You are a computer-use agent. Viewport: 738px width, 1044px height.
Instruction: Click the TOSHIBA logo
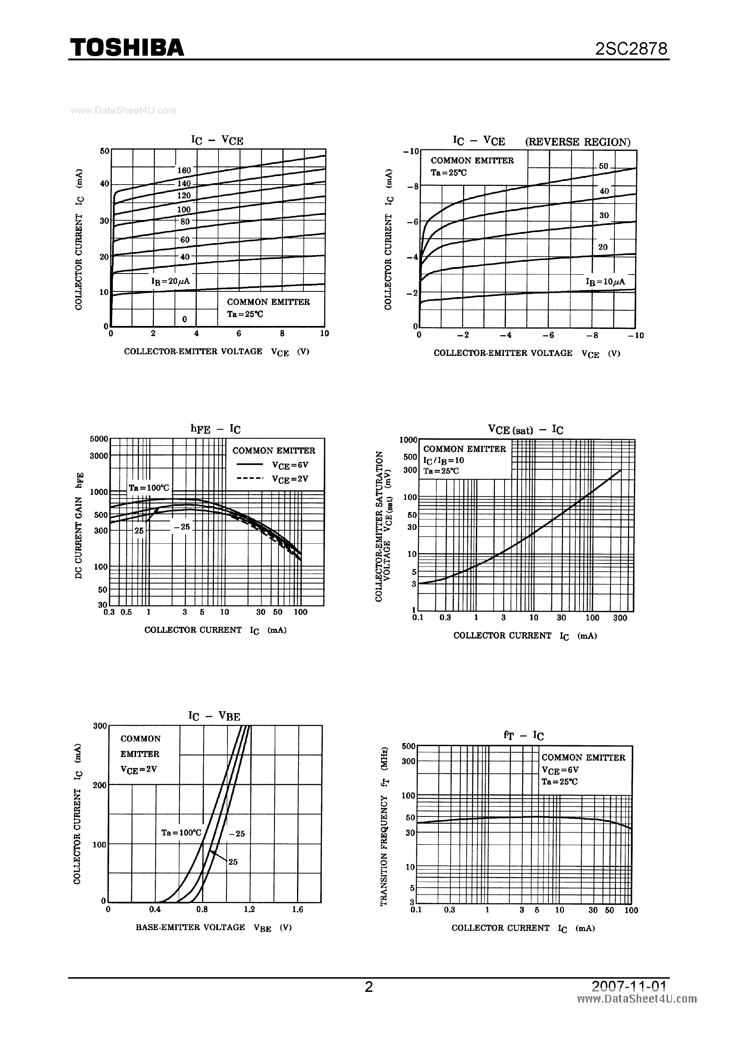click(127, 48)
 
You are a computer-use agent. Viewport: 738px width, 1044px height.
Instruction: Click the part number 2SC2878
click(631, 49)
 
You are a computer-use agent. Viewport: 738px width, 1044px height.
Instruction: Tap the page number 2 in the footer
click(369, 986)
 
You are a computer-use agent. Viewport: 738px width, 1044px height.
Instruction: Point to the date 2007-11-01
click(629, 985)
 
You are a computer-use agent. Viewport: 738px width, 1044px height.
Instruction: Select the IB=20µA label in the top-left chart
click(171, 281)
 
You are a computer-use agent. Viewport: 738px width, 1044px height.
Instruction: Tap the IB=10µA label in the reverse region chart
click(605, 282)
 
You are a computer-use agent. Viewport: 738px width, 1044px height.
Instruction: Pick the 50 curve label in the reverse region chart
click(603, 166)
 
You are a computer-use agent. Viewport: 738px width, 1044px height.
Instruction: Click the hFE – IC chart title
click(216, 429)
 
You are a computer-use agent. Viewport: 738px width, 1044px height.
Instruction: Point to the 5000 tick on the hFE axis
click(99, 439)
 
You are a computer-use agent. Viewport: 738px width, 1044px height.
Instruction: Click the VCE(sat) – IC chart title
click(526, 430)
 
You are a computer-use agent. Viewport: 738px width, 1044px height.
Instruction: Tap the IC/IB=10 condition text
click(444, 460)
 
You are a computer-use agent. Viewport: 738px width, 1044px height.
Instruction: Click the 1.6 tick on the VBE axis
click(298, 909)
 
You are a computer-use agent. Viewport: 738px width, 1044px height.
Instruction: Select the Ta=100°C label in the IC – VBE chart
click(181, 833)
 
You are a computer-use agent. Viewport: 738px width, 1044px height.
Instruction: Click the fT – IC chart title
click(524, 735)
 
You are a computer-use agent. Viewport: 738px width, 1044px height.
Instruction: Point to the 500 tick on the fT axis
click(409, 746)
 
